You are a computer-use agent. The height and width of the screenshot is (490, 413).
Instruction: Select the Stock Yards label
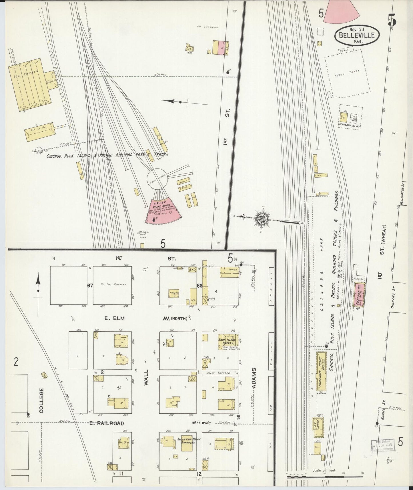[x=347, y=73]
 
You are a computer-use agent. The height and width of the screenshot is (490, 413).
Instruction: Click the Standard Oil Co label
[x=349, y=125]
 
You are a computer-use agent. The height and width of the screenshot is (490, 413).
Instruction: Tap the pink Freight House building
[x=359, y=295]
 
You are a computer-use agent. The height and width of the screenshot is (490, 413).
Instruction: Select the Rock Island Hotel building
[x=227, y=341]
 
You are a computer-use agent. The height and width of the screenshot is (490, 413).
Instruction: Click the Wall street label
[x=146, y=378]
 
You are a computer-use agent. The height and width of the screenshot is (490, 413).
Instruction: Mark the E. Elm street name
[x=115, y=318]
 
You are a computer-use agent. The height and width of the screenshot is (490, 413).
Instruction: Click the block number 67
[x=90, y=285]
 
